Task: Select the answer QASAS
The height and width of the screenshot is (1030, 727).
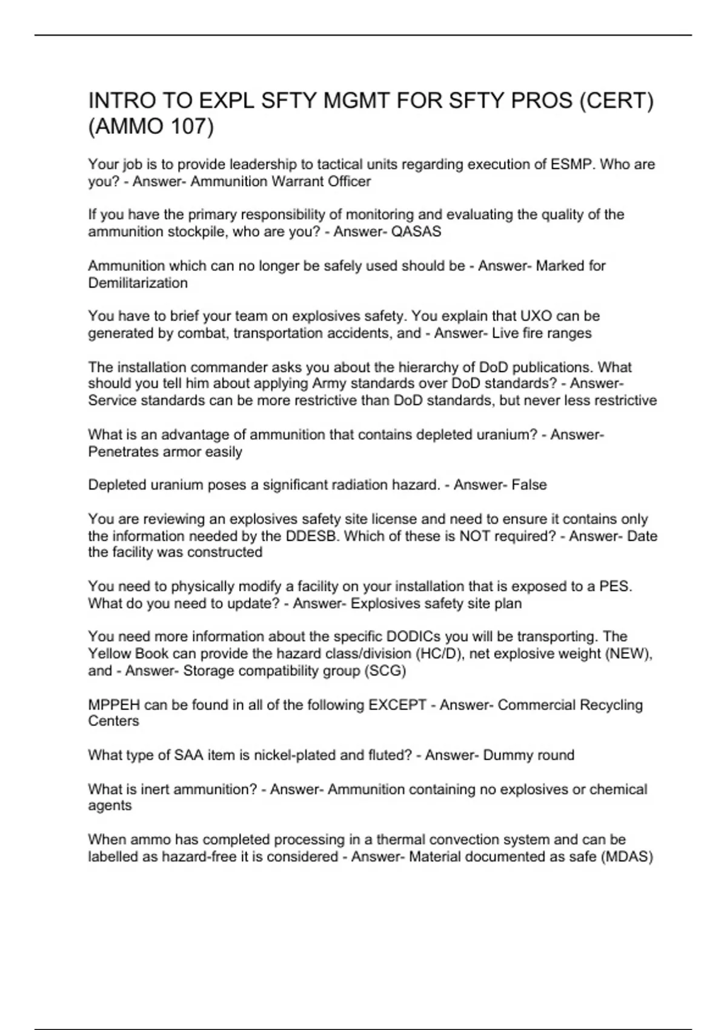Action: point(417,231)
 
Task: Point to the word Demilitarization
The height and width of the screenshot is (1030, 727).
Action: point(138,283)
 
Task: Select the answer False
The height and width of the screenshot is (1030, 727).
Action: point(528,485)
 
